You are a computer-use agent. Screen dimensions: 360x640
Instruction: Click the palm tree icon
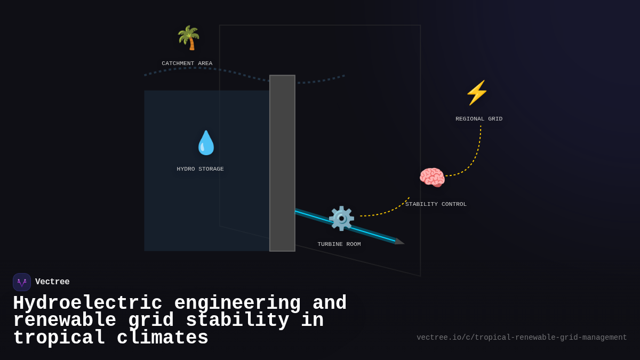coord(188,38)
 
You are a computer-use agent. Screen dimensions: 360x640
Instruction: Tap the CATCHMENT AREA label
coord(187,63)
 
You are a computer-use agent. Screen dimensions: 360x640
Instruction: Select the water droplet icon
coord(206,143)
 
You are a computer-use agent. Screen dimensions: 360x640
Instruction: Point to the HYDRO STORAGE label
coord(200,169)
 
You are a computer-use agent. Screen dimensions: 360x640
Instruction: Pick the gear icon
coord(341,218)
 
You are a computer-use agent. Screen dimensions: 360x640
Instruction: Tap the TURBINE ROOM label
coord(339,244)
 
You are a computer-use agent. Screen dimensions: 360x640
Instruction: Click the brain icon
coord(431,178)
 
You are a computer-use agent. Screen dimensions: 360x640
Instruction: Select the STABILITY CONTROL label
coord(436,204)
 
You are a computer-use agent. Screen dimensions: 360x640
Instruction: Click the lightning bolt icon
coord(477,93)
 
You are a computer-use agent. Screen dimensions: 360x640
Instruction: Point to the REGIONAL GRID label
coord(478,119)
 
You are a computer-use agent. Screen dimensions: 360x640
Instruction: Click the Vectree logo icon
coord(22,282)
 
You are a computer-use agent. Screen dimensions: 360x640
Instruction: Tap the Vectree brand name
coord(52,282)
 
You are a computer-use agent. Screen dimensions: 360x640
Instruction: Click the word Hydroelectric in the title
coord(87,303)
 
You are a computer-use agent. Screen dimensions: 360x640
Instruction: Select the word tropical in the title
coord(59,338)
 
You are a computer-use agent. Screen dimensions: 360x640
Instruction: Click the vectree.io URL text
coord(522,338)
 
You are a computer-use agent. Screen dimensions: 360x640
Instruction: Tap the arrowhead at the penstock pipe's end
coord(399,242)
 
